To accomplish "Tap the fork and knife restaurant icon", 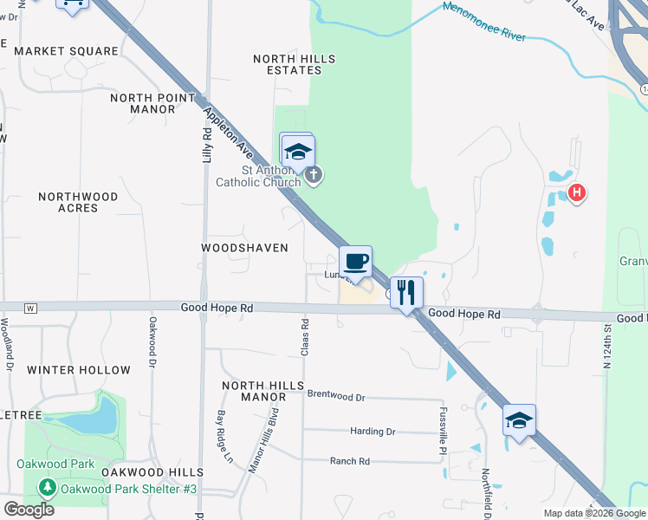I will [406, 292].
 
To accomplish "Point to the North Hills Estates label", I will [294, 64].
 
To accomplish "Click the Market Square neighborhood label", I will [66, 51].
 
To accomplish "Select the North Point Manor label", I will [152, 103].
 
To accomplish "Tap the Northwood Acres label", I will [78, 202].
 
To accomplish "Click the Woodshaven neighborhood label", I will [244, 248].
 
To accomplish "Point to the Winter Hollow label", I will [79, 370].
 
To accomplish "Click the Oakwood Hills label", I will [152, 472].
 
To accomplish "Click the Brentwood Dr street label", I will [336, 396].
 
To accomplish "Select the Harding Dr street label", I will [373, 431].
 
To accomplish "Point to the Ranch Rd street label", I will [349, 461].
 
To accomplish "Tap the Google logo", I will [29, 509].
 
